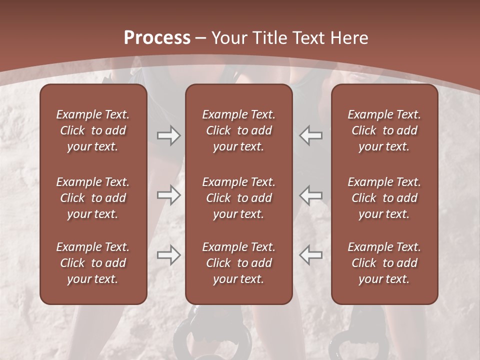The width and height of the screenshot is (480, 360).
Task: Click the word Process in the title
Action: coord(157,38)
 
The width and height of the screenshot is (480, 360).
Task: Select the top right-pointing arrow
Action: coord(168,135)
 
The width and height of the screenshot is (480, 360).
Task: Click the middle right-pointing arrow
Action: coord(168,195)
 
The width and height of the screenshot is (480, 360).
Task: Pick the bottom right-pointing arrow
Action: coord(168,255)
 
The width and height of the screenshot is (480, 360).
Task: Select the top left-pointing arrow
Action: coord(311,135)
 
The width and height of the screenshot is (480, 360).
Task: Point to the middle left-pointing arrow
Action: coord(311,195)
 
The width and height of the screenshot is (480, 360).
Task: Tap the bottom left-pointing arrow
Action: coord(311,255)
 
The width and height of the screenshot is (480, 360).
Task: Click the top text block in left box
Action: coord(93,130)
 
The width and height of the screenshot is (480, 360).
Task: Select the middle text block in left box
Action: coord(93,198)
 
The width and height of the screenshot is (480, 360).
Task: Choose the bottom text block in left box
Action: coord(93,263)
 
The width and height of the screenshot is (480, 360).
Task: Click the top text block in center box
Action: coord(238,130)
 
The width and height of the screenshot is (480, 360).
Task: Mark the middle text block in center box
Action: coord(238,198)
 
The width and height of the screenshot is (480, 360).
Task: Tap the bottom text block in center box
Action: coord(238,263)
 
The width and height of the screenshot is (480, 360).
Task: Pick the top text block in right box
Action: coord(384,130)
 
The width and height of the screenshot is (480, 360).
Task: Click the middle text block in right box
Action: coord(384,198)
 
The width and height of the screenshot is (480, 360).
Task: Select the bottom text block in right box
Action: coord(384,263)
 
